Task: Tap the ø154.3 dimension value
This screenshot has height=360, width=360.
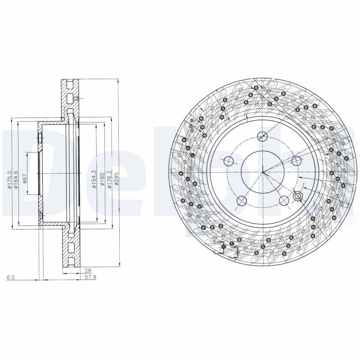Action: click(x=94, y=179)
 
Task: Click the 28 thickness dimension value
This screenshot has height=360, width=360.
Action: click(x=87, y=270)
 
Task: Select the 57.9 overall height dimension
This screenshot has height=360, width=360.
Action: click(x=90, y=277)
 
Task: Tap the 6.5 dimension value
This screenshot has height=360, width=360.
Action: click(x=11, y=278)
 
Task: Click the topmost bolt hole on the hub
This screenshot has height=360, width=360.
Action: click(x=262, y=137)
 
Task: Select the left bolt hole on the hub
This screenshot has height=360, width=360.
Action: click(x=229, y=161)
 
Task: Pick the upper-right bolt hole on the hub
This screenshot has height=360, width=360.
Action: click(x=296, y=161)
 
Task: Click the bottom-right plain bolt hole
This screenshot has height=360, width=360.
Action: click(x=283, y=200)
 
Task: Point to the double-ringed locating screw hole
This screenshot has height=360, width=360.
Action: click(x=297, y=196)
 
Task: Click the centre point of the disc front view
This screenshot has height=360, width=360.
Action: click(x=263, y=171)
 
